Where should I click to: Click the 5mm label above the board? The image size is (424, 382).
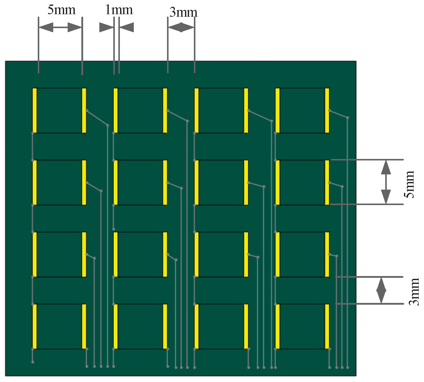coord(62,10)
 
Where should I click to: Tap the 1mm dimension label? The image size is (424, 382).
coord(119,10)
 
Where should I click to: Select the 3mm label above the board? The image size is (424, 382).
coord(183,12)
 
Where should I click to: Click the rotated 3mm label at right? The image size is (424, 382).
coord(414,292)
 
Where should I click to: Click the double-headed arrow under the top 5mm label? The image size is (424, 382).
coord(60,27)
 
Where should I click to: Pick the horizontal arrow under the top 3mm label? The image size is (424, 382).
coord(181,27)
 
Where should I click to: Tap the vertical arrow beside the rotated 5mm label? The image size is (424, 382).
coord(386,182)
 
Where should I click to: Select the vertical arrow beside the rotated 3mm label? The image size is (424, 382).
coord(381,290)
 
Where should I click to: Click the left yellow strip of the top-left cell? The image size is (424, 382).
coord(35,111)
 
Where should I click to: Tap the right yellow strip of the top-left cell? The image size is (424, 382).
coord(84,111)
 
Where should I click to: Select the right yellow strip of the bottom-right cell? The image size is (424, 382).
coord(327,326)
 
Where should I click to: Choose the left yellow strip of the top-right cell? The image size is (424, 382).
coord(278,111)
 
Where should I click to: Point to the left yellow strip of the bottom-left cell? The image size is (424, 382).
coord(35,326)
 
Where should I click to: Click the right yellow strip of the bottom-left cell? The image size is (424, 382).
coord(84,326)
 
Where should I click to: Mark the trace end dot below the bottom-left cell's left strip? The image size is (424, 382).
coord(33,362)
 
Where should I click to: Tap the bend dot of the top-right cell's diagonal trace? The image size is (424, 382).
coord(347,118)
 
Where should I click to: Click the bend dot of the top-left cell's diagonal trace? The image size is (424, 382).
coord(108,125)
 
